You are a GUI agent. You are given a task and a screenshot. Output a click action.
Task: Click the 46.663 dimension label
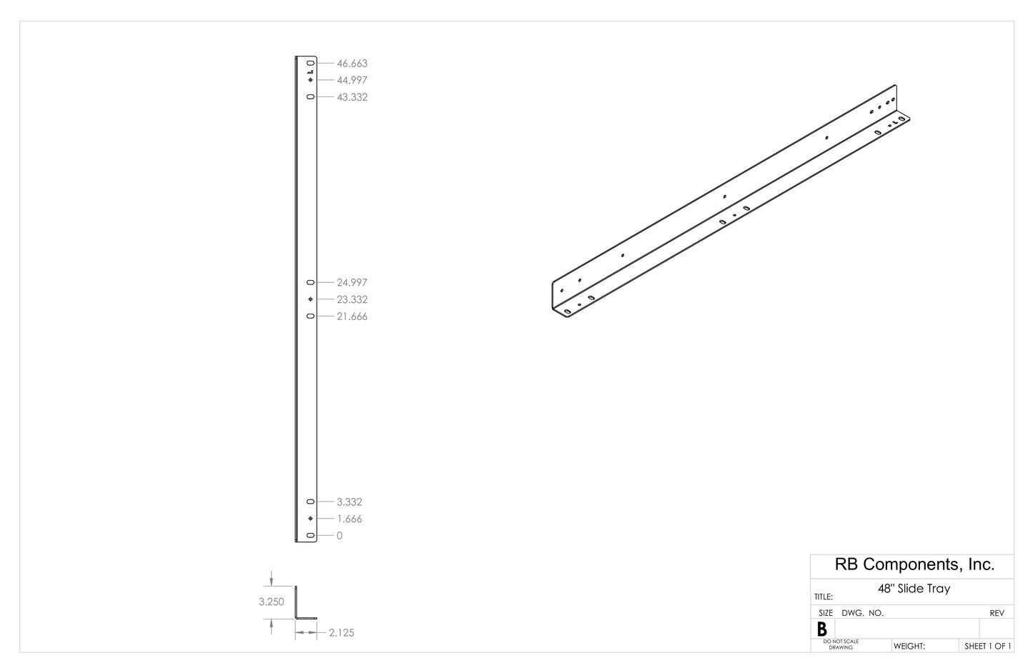352,64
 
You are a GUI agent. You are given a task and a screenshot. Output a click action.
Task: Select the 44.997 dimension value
352,80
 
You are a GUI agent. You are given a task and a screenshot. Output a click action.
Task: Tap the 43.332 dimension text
352,97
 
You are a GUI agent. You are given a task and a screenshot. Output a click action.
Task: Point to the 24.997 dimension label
352,283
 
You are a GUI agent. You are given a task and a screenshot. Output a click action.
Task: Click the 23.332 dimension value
352,300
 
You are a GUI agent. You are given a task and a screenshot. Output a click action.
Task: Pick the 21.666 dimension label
352,316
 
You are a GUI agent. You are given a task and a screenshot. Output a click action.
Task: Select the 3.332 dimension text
349,502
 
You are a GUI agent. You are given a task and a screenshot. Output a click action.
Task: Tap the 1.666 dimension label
349,519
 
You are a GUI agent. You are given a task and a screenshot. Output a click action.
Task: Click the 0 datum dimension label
339,536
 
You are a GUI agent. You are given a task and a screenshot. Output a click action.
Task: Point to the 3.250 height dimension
272,602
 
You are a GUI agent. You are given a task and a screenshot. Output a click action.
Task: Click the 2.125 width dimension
341,633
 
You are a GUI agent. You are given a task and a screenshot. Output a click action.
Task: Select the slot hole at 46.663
310,64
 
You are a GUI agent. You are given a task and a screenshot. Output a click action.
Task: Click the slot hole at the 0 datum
310,536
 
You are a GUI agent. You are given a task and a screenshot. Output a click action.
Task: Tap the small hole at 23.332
310,299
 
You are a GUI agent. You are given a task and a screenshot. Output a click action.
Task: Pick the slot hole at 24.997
310,283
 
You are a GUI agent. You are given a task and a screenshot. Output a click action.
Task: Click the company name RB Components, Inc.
914,564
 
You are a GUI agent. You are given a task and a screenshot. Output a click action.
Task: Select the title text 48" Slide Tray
914,589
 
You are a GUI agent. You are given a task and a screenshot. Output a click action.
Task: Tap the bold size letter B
822,629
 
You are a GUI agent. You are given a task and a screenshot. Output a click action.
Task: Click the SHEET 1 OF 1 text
987,647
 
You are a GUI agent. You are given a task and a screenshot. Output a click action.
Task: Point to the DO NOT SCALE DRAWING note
841,644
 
